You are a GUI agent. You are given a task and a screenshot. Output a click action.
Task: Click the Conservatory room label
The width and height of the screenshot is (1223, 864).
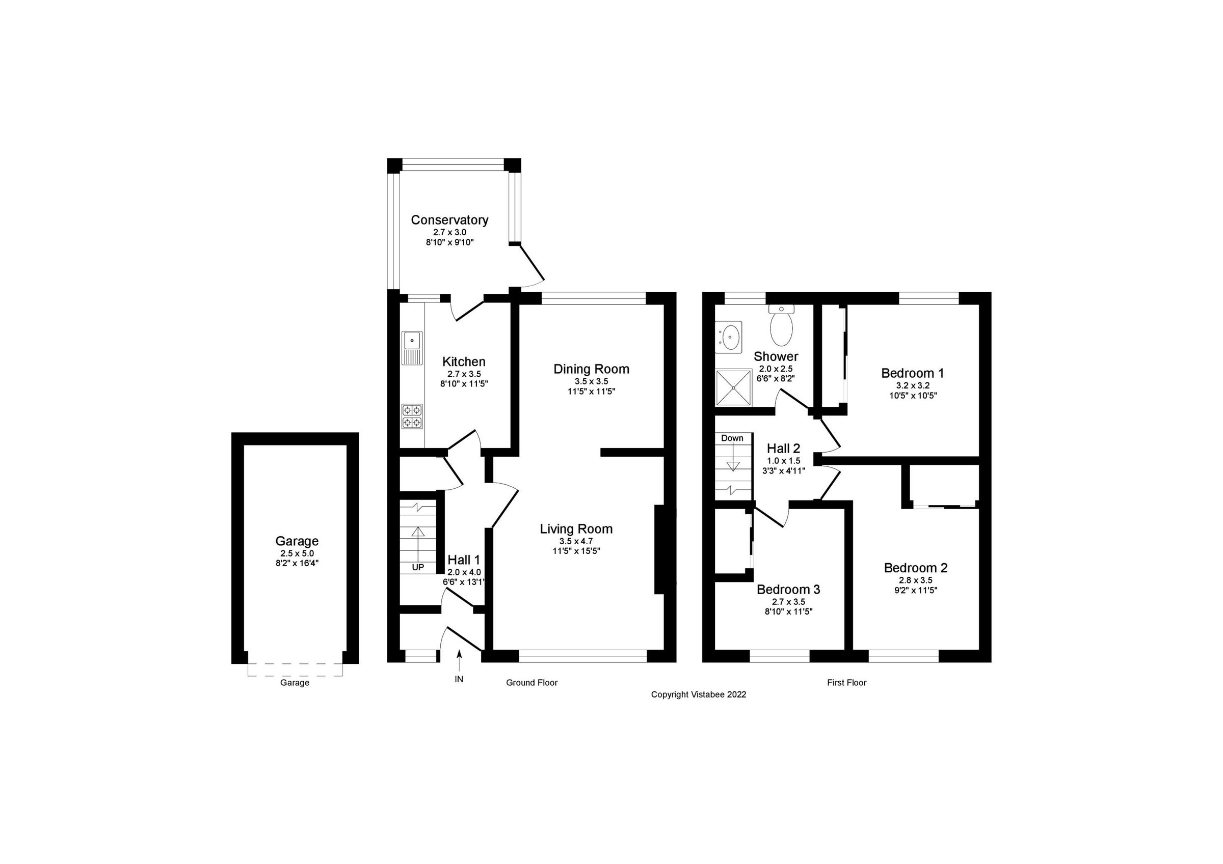pyautogui.click(x=449, y=220)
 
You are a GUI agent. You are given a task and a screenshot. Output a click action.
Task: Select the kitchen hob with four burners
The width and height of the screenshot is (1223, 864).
pyautogui.click(x=412, y=416)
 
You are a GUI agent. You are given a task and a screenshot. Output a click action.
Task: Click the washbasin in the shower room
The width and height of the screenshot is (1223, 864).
pyautogui.click(x=728, y=337)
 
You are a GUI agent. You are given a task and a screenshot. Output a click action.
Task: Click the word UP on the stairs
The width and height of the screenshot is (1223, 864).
pyautogui.click(x=418, y=568)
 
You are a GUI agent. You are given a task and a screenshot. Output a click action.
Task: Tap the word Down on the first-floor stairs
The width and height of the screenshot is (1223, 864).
pyautogui.click(x=732, y=438)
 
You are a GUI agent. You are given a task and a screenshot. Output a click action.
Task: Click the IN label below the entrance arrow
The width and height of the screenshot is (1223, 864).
pyautogui.click(x=459, y=679)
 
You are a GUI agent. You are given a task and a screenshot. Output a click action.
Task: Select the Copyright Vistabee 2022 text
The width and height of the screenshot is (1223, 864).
pyautogui.click(x=698, y=695)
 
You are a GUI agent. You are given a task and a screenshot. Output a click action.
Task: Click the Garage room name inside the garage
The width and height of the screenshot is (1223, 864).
pyautogui.click(x=297, y=541)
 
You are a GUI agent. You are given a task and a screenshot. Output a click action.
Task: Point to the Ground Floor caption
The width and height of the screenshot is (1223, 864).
pyautogui.click(x=531, y=682)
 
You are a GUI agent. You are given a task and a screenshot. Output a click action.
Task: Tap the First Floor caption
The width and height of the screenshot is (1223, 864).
pyautogui.click(x=846, y=682)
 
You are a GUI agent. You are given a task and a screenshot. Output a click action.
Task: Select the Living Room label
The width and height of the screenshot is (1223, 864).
pyautogui.click(x=576, y=528)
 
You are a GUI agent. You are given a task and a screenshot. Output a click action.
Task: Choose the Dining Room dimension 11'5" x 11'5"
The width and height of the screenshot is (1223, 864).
pyautogui.click(x=591, y=392)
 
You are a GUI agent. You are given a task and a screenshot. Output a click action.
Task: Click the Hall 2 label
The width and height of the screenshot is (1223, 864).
pyautogui.click(x=783, y=448)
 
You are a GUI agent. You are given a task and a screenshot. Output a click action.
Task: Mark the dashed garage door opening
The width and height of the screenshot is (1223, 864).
pyautogui.click(x=295, y=670)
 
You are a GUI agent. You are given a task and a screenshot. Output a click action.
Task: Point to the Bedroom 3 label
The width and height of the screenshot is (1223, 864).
pyautogui.click(x=788, y=589)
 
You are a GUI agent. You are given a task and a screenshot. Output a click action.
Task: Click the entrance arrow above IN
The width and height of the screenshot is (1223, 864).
pyautogui.click(x=459, y=660)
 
